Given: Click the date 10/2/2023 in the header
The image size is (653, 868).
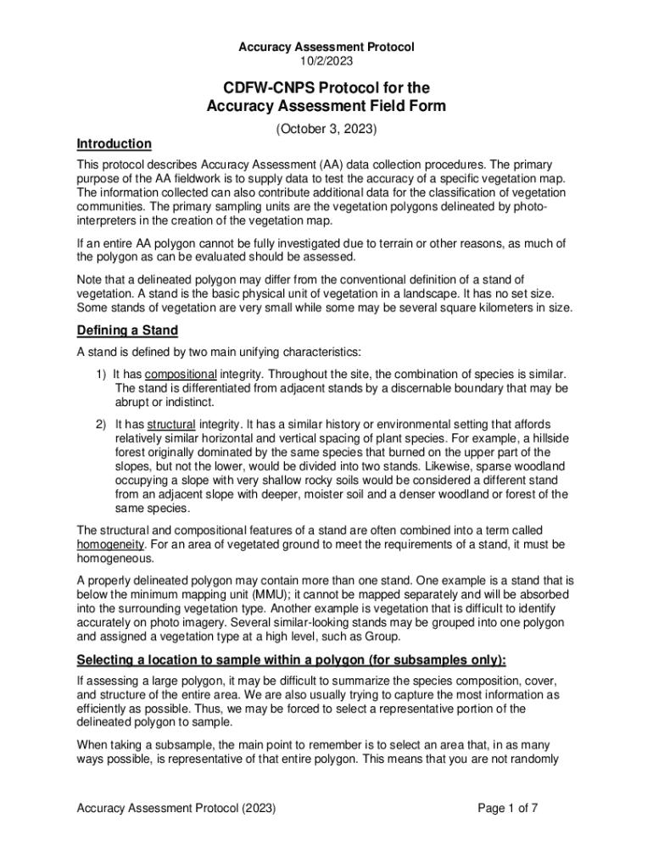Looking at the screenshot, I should point(326,61).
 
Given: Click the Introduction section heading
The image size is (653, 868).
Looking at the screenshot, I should point(114,143).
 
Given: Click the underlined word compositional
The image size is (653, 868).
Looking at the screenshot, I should point(181,374).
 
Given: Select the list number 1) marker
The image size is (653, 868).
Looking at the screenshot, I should point(100,374).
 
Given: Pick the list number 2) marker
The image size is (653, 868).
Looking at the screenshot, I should point(100,424).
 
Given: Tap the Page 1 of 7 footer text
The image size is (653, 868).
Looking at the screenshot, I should point(508,808).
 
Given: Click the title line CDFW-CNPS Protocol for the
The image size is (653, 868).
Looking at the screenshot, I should point(326,88).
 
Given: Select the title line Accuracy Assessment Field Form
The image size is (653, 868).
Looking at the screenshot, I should point(326,106).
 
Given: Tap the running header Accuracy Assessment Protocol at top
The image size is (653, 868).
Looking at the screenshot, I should point(326,47).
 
